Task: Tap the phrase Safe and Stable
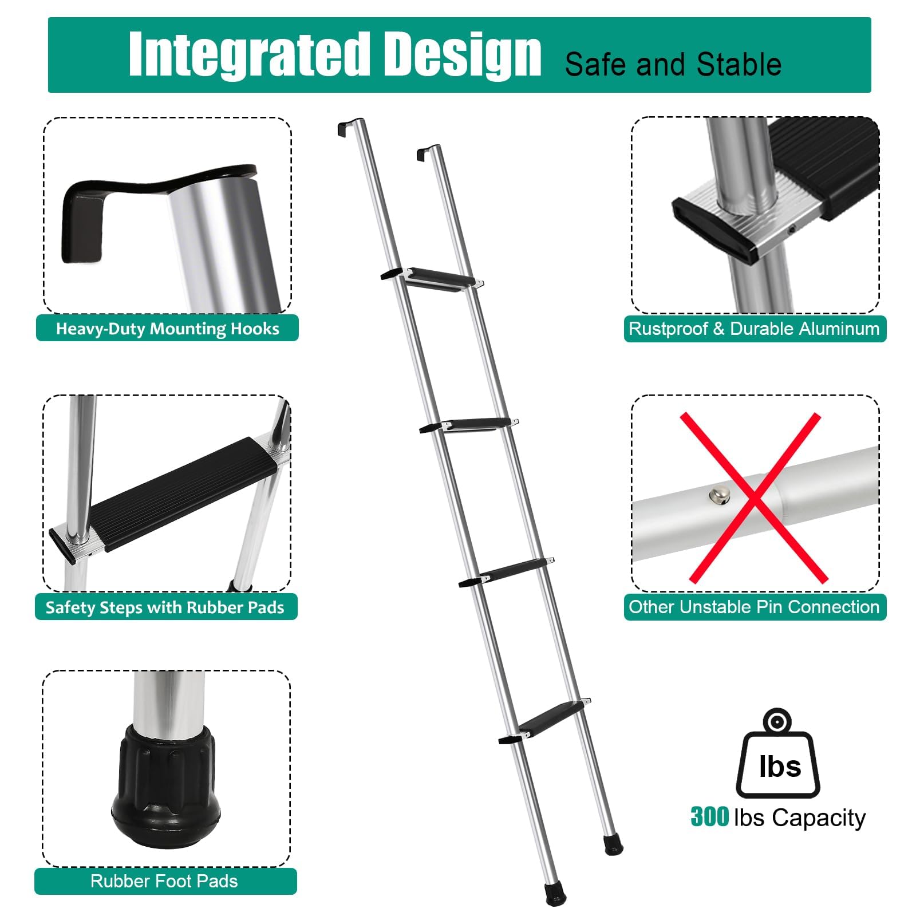point(673,64)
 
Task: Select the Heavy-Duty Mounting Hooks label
point(167,329)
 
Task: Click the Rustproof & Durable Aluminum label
point(754,329)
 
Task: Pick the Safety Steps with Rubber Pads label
point(165,607)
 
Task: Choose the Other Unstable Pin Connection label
point(754,607)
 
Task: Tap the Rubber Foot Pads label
point(165,881)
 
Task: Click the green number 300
point(709,817)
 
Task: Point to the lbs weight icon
point(778,756)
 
